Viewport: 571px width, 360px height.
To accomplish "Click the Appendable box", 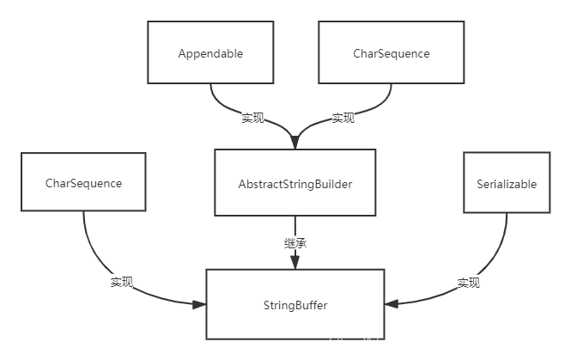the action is point(210,52).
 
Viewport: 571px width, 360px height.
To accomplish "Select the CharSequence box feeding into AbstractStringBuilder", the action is point(391,52).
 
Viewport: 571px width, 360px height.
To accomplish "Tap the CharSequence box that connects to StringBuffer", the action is point(83,182).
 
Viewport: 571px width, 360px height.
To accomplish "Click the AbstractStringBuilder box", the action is point(295,182).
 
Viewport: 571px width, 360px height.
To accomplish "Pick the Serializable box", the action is point(507,182).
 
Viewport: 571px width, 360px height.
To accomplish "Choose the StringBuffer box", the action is point(295,305).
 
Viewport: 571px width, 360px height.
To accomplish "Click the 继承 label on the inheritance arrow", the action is point(295,243).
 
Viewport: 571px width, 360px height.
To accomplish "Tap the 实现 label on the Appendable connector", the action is point(252,118).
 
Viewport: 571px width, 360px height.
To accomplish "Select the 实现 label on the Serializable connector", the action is point(468,283).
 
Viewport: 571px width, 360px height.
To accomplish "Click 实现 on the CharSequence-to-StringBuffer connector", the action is point(122,282).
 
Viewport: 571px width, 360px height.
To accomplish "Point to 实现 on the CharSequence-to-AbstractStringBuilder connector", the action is point(343,118).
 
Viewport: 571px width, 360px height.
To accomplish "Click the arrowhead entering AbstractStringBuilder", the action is point(295,142).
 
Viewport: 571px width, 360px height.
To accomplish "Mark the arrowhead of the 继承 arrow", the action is point(295,262).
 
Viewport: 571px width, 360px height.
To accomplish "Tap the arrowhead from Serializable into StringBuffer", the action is point(392,303).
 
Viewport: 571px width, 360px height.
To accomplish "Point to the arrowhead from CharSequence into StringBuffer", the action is point(199,304).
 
